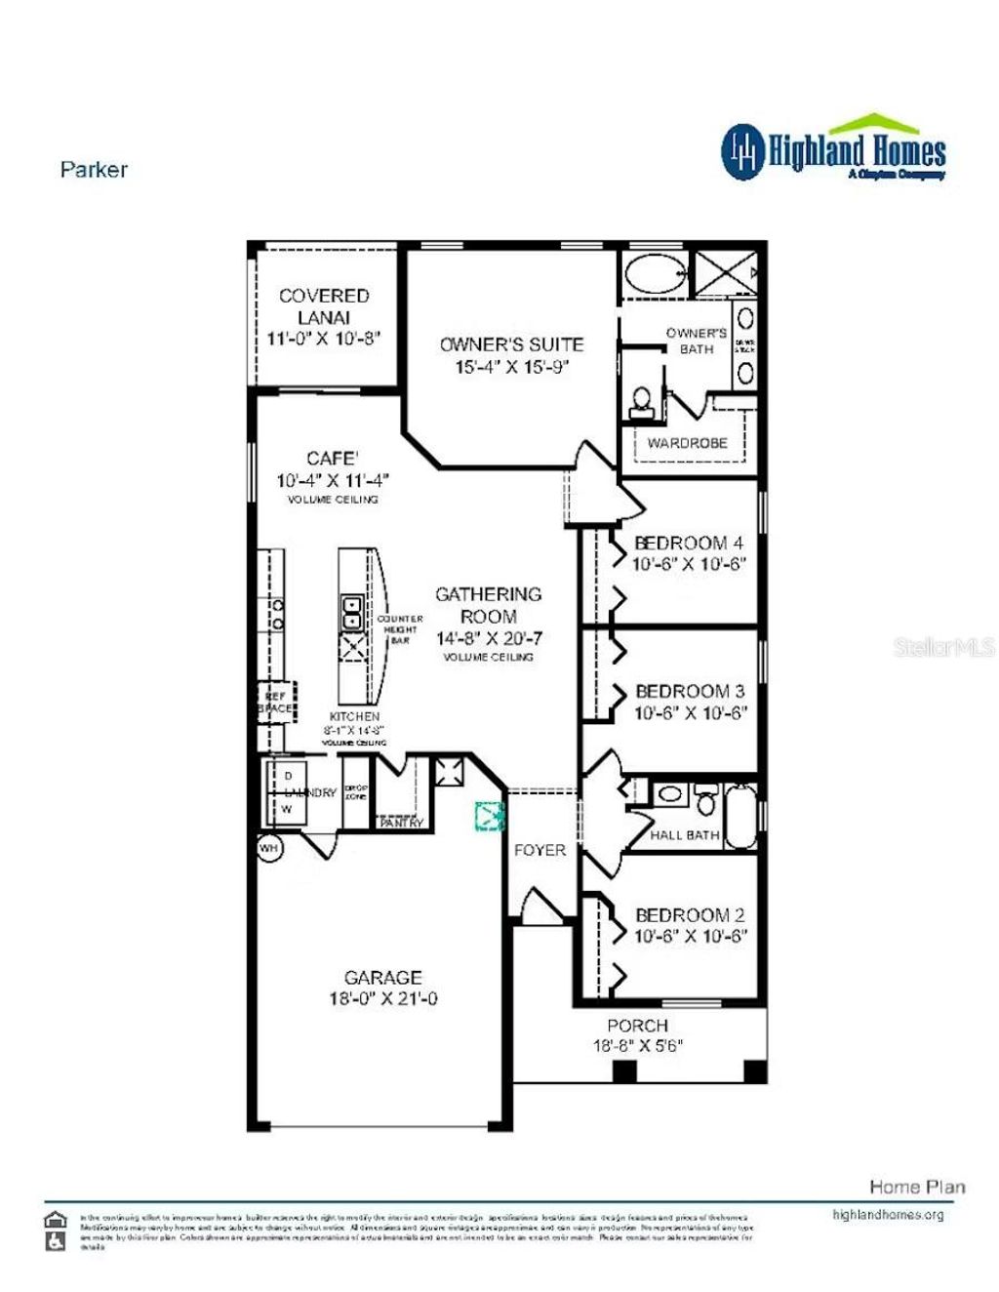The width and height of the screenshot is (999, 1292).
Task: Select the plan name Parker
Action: point(94,169)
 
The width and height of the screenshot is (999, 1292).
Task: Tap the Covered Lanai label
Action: point(324,306)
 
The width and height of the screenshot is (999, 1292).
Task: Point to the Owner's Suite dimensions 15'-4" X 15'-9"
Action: point(511,368)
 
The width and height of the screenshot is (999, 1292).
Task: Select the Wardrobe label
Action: point(687,443)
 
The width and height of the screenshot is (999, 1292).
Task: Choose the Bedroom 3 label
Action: point(690,691)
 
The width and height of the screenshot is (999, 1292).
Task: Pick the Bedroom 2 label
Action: point(690,915)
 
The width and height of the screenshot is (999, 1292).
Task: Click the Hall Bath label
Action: point(685,835)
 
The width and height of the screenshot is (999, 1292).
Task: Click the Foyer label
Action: point(539,850)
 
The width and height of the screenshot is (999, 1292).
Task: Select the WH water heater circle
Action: point(269,848)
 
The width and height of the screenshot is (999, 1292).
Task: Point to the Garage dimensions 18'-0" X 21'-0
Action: point(382,999)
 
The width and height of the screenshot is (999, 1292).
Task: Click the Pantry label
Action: point(402,823)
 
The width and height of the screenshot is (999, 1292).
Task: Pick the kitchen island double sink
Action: point(351,613)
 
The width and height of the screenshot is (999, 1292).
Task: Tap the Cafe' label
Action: point(333,458)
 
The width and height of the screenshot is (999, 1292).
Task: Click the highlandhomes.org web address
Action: point(888,1215)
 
